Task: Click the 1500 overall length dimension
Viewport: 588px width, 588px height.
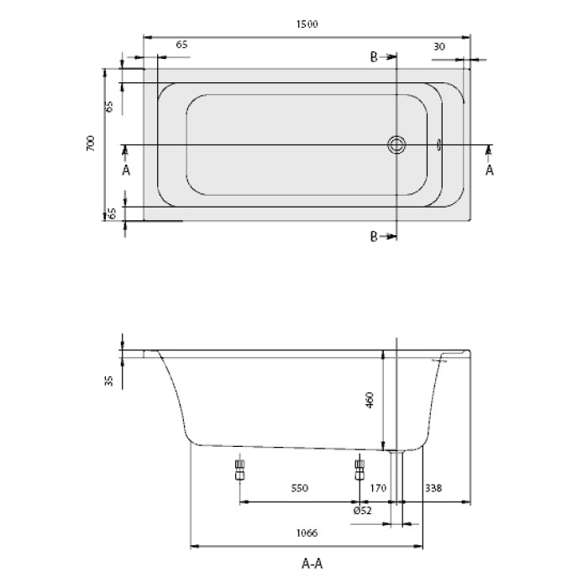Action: (x=307, y=25)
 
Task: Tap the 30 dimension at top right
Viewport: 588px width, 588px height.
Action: (x=439, y=46)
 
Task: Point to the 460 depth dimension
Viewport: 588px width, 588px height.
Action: (x=369, y=402)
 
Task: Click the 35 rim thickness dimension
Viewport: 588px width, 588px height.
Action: (x=109, y=381)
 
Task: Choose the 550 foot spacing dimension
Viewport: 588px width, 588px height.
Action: (x=301, y=488)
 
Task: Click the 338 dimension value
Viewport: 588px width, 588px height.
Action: (x=434, y=488)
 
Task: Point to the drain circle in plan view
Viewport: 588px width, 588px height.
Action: (x=396, y=144)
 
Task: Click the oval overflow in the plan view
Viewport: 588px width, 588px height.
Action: (x=438, y=144)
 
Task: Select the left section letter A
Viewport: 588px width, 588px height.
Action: (x=126, y=170)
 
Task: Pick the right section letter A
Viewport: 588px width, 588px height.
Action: (x=490, y=170)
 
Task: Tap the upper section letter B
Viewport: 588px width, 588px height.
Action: (x=375, y=56)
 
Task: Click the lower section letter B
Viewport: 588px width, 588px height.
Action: (x=375, y=236)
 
